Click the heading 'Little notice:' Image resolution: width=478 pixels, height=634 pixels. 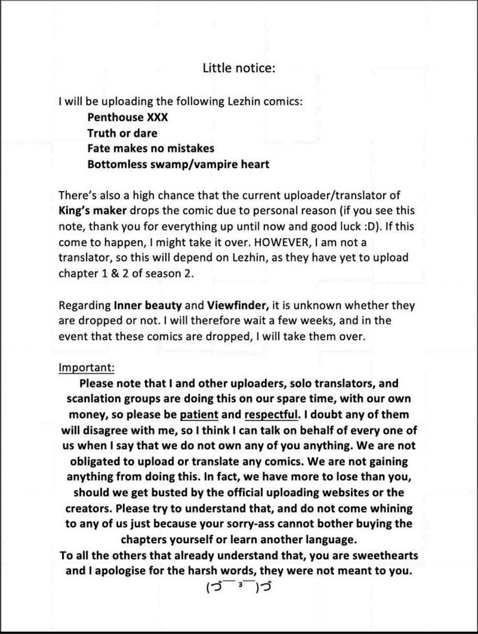[238, 68]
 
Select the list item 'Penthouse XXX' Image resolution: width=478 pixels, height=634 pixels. [128, 117]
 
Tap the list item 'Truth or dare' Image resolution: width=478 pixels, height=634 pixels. [122, 133]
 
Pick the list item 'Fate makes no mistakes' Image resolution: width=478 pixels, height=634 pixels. [150, 148]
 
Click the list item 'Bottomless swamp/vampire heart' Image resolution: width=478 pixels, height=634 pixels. [178, 164]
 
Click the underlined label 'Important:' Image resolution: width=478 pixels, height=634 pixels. [87, 367]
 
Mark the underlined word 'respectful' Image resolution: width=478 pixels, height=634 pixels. [271, 415]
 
